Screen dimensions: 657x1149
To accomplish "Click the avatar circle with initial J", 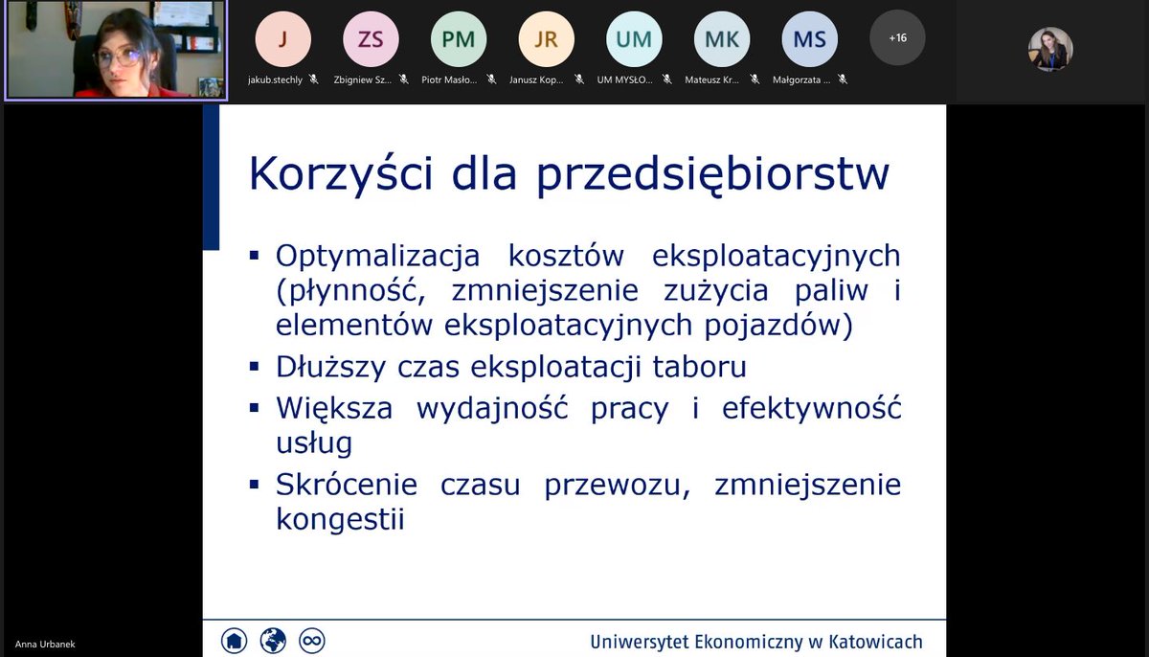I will tap(282, 38).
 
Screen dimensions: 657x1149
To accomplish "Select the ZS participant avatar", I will tap(371, 38).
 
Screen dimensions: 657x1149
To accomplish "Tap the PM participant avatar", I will tap(459, 38).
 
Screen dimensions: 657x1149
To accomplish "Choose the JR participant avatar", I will tap(547, 38).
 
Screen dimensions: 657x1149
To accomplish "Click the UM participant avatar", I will tap(634, 38).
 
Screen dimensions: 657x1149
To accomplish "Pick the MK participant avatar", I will tap(722, 38).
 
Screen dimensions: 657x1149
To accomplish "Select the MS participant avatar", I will tap(810, 38).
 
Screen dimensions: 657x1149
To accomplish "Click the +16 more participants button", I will tap(897, 38).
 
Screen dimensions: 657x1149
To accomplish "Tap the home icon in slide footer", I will tap(234, 639).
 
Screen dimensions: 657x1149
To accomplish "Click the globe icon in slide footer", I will tap(273, 639).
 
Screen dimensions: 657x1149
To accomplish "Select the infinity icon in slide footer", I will tap(312, 639).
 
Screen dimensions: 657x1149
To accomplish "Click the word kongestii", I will tap(340, 519).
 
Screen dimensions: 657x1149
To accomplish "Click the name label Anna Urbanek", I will tap(45, 645).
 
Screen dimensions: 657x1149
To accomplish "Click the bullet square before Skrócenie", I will tap(255, 484).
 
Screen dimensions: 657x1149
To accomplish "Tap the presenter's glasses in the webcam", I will tap(117, 56).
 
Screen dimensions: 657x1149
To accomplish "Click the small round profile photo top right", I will tap(1050, 49).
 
